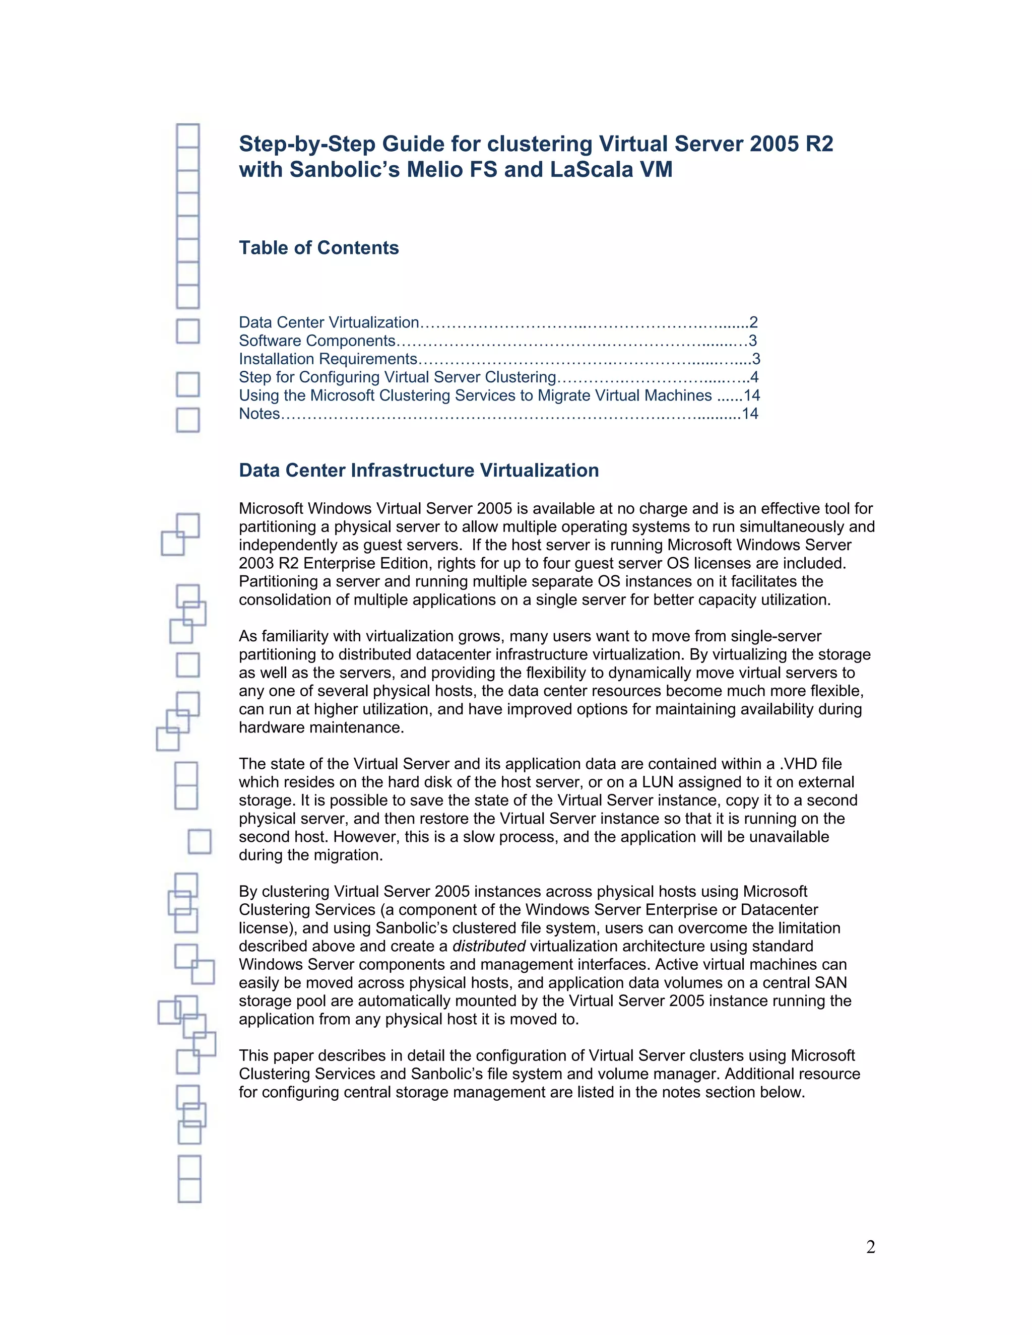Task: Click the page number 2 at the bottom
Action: point(871,1246)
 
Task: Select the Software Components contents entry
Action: point(317,341)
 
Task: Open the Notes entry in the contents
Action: point(259,414)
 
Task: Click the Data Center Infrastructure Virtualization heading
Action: point(419,470)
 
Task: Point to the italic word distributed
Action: point(488,946)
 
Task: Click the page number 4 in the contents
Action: point(754,377)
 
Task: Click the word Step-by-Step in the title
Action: point(306,144)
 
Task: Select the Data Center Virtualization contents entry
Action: point(329,322)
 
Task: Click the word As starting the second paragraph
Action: point(247,636)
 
